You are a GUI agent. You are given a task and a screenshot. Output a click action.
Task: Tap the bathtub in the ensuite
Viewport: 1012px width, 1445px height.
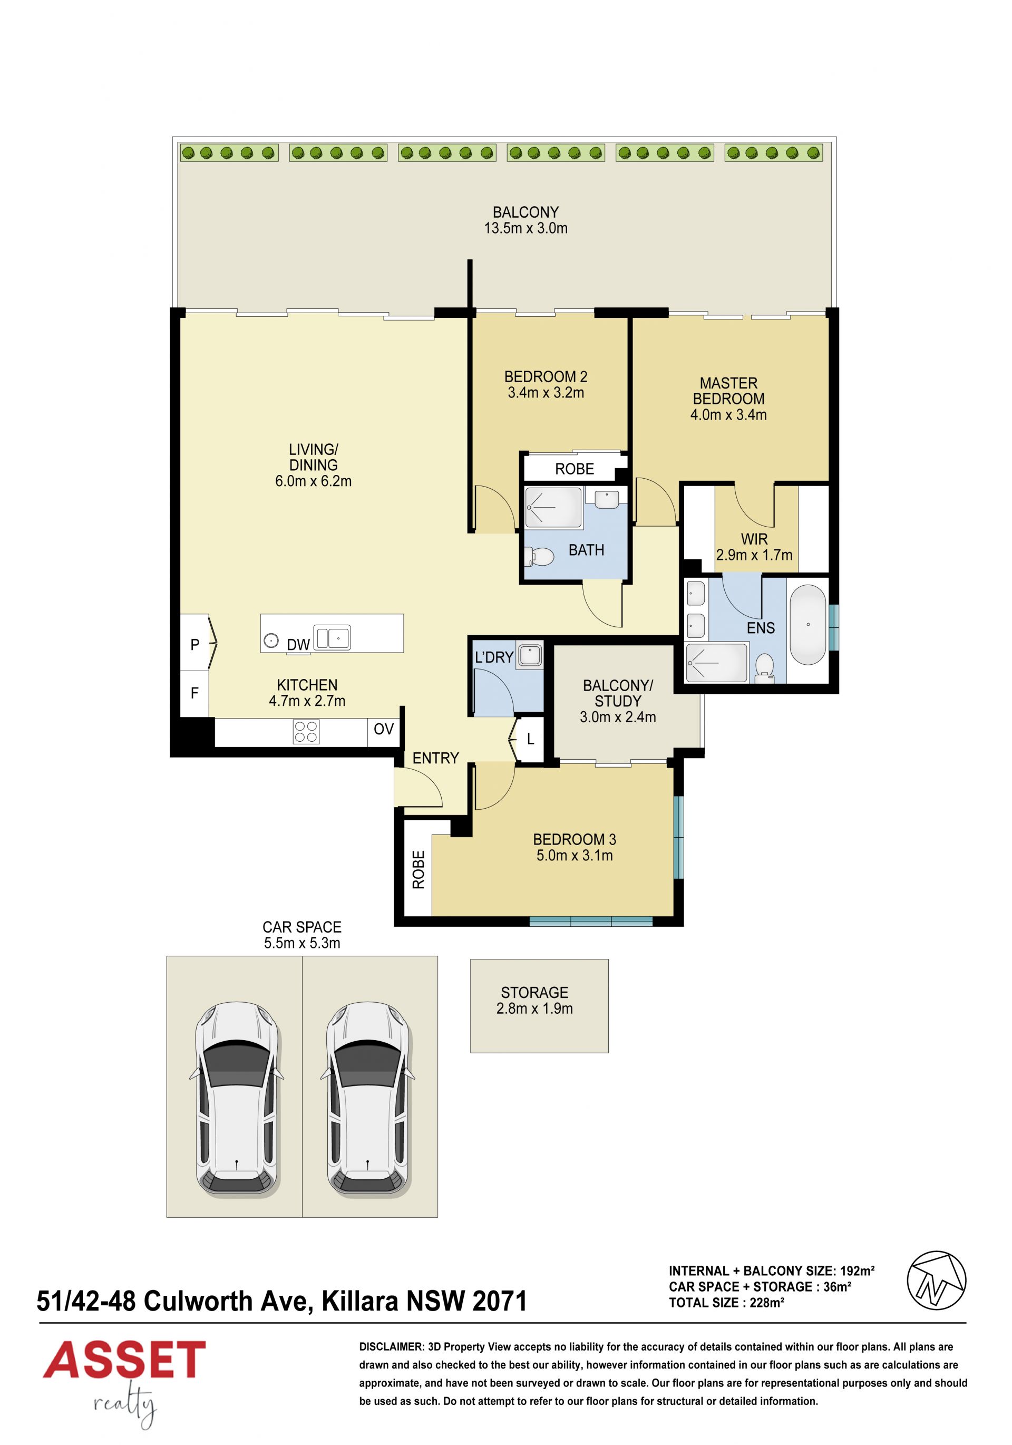(x=807, y=625)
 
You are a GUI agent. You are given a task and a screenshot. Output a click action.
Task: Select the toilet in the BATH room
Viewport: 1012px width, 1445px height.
(x=539, y=556)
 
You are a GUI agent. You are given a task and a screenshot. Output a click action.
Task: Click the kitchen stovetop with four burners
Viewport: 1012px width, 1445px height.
(x=306, y=732)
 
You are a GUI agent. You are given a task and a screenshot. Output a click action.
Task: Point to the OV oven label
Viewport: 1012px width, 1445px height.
(x=383, y=729)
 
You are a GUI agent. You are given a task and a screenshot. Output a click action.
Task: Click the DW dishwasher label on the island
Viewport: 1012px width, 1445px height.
(x=298, y=644)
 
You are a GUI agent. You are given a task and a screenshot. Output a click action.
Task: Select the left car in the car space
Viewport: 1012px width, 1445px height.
(x=237, y=1098)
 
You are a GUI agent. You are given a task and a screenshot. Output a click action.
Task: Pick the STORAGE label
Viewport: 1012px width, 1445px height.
(x=534, y=993)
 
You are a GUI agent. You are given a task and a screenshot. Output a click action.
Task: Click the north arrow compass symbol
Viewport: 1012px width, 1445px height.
(x=936, y=1281)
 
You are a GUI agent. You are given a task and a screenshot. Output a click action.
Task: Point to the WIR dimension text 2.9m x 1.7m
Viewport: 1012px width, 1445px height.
(x=754, y=555)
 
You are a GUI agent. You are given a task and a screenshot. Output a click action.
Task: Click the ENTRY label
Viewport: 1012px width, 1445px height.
(x=435, y=759)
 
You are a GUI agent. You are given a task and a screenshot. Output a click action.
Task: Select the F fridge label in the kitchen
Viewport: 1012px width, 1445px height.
(x=194, y=693)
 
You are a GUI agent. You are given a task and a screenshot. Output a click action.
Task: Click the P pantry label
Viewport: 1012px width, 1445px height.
(x=194, y=644)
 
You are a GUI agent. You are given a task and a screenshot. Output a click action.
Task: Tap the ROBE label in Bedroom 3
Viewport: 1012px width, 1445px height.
(x=419, y=869)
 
